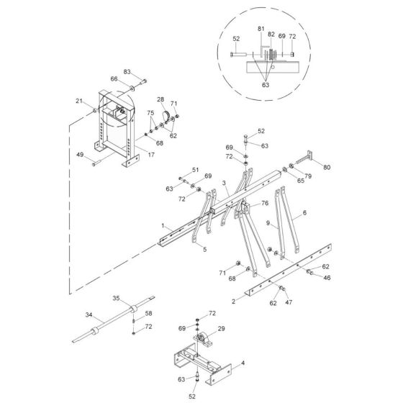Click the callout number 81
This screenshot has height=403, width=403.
tap(261, 29)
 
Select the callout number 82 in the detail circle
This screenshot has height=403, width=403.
tap(271, 35)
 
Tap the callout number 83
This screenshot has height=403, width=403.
tap(127, 72)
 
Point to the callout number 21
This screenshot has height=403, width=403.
tap(79, 101)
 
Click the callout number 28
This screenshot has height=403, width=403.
tap(160, 99)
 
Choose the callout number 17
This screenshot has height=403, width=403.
tap(151, 155)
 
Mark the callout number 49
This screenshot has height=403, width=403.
tap(80, 155)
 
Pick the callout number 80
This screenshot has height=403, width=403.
tap(327, 167)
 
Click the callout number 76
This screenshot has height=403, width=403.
tap(265, 203)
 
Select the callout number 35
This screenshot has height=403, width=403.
tap(116, 299)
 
